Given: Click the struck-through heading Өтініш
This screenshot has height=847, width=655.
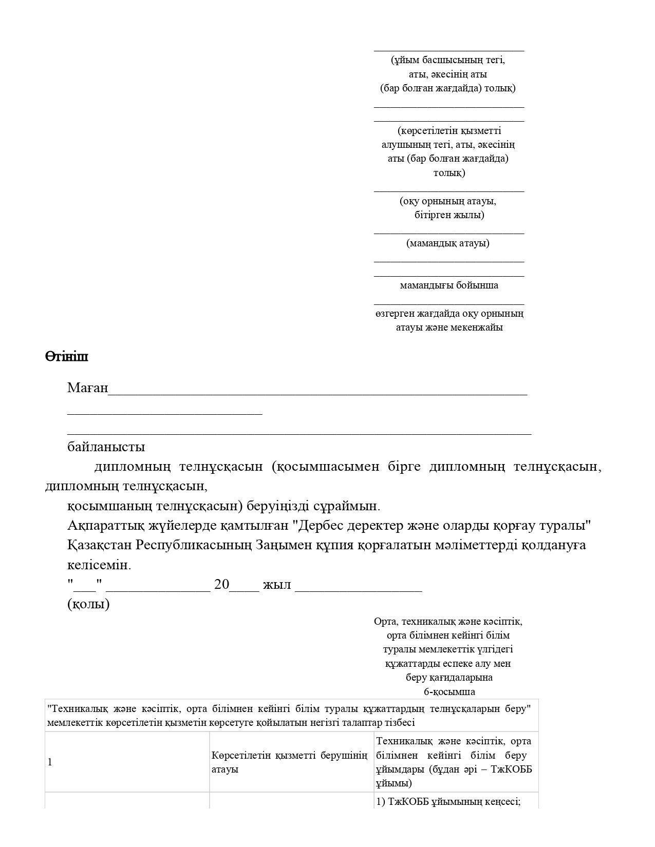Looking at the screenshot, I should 66,356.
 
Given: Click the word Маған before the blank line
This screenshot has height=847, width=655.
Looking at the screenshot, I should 87,388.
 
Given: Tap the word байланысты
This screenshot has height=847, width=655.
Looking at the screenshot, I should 106,447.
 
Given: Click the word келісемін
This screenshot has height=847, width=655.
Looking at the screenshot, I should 99,565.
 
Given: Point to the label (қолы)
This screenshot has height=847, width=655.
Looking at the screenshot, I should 88,604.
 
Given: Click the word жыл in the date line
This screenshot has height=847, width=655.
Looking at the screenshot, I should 276,585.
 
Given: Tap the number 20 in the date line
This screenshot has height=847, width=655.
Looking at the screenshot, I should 221,585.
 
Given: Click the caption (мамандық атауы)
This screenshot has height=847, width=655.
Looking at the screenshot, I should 448,243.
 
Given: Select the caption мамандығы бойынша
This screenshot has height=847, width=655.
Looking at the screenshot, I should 448,285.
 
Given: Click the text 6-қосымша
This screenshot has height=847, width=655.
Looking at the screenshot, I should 449,691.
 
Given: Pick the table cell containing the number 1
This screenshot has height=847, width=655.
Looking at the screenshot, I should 50,762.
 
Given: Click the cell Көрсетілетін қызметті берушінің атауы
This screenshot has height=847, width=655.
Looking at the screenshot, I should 290,762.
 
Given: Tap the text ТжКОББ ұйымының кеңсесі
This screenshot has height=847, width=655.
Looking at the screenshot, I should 448,801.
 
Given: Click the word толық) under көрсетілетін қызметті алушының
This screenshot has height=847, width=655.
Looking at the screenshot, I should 448,172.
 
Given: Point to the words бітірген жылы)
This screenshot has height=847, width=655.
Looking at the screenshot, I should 449,215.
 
